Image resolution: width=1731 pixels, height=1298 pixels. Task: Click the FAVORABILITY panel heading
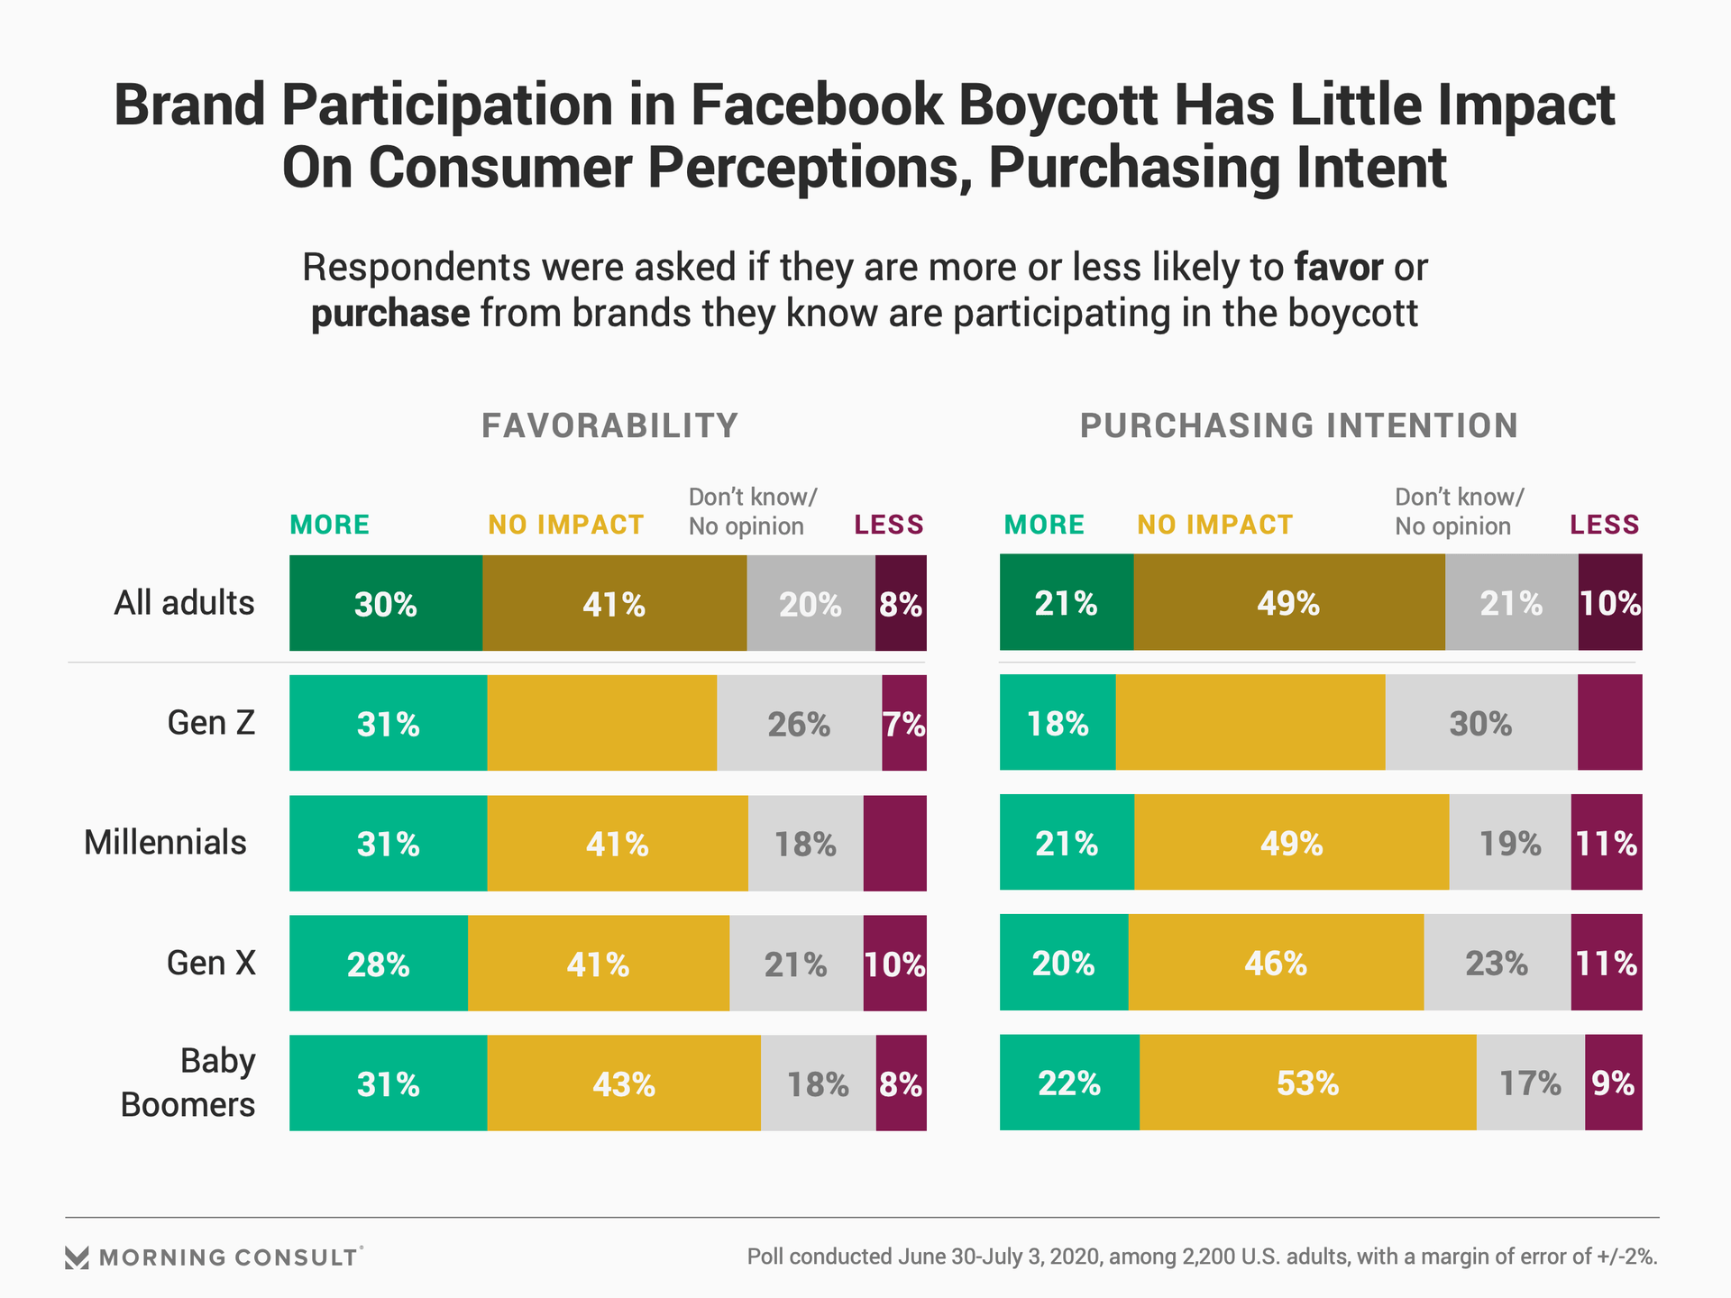609,425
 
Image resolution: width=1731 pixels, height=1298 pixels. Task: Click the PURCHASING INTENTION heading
1298,425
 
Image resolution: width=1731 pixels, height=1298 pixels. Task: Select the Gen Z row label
211,723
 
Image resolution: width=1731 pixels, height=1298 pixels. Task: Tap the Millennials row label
165,843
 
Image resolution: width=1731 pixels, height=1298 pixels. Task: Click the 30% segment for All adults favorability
386,603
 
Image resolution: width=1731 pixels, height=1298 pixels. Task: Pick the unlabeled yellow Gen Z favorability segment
602,723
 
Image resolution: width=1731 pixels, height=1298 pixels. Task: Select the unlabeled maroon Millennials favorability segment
894,843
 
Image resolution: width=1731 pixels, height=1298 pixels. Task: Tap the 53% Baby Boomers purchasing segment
1307,1083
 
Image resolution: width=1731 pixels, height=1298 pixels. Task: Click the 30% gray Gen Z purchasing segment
1480,723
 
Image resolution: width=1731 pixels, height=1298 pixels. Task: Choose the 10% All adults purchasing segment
1610,603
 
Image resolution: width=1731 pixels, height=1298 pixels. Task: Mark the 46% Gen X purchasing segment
1276,963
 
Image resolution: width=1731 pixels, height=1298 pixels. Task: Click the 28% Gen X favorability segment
379,964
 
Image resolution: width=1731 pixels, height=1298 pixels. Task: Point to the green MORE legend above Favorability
329,525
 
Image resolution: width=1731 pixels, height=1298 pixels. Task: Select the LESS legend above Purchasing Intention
1604,525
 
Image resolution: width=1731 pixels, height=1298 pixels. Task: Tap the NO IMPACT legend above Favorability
565,525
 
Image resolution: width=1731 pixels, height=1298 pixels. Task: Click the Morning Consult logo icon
78,1257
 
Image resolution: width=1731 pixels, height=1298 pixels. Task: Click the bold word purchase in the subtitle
390,314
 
